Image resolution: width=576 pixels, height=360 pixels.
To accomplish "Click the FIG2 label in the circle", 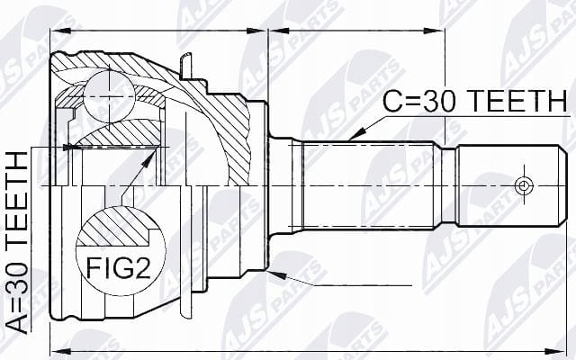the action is pos(118,267).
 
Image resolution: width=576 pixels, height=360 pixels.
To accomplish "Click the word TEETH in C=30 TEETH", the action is pos(518,101).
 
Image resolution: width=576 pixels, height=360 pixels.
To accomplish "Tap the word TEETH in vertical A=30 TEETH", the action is pos(18,199).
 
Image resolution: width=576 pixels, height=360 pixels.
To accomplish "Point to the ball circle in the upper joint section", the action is pos(109,96).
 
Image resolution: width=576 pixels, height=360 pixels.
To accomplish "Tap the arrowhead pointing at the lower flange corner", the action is pos(276,274).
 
